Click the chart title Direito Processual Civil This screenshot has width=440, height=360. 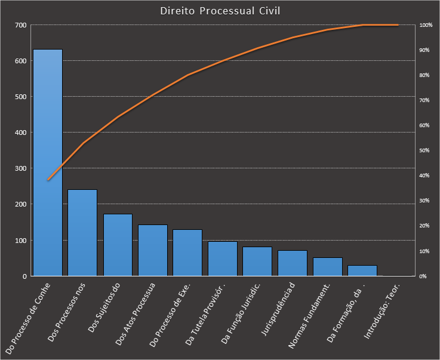pyautogui.click(x=220, y=11)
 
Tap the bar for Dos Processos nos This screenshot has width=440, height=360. pyautogui.click(x=82, y=233)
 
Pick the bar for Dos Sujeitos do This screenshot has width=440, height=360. pyautogui.click(x=118, y=245)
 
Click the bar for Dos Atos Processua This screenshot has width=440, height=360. pyautogui.click(x=152, y=250)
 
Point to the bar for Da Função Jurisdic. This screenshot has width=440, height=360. pyautogui.click(x=257, y=261)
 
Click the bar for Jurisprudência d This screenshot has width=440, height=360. pyautogui.click(x=292, y=263)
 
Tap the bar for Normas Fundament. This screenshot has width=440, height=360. pyautogui.click(x=327, y=267)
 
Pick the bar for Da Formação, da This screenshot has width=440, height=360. pyautogui.click(x=362, y=270)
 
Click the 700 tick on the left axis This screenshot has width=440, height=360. pyautogui.click(x=21, y=25)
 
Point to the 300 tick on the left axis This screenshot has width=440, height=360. pyautogui.click(x=21, y=169)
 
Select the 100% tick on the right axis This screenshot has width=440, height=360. pyautogui.click(x=426, y=25)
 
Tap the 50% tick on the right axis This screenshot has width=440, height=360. pyautogui.click(x=425, y=150)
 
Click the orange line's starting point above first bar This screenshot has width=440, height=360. pyautogui.click(x=48, y=180)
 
